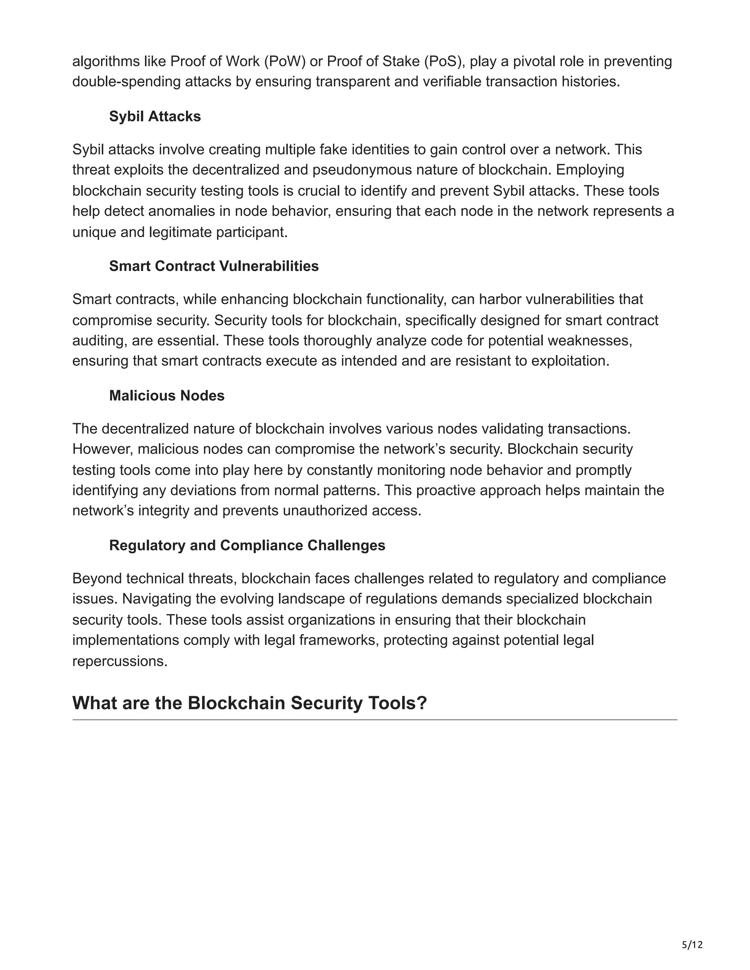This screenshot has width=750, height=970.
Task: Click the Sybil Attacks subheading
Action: (x=155, y=116)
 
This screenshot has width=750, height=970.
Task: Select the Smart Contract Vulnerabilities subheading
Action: (x=214, y=266)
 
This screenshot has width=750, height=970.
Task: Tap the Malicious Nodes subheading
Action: (x=167, y=395)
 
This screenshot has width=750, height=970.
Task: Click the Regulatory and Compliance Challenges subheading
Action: (x=247, y=545)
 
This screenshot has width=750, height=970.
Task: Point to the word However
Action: (x=102, y=449)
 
